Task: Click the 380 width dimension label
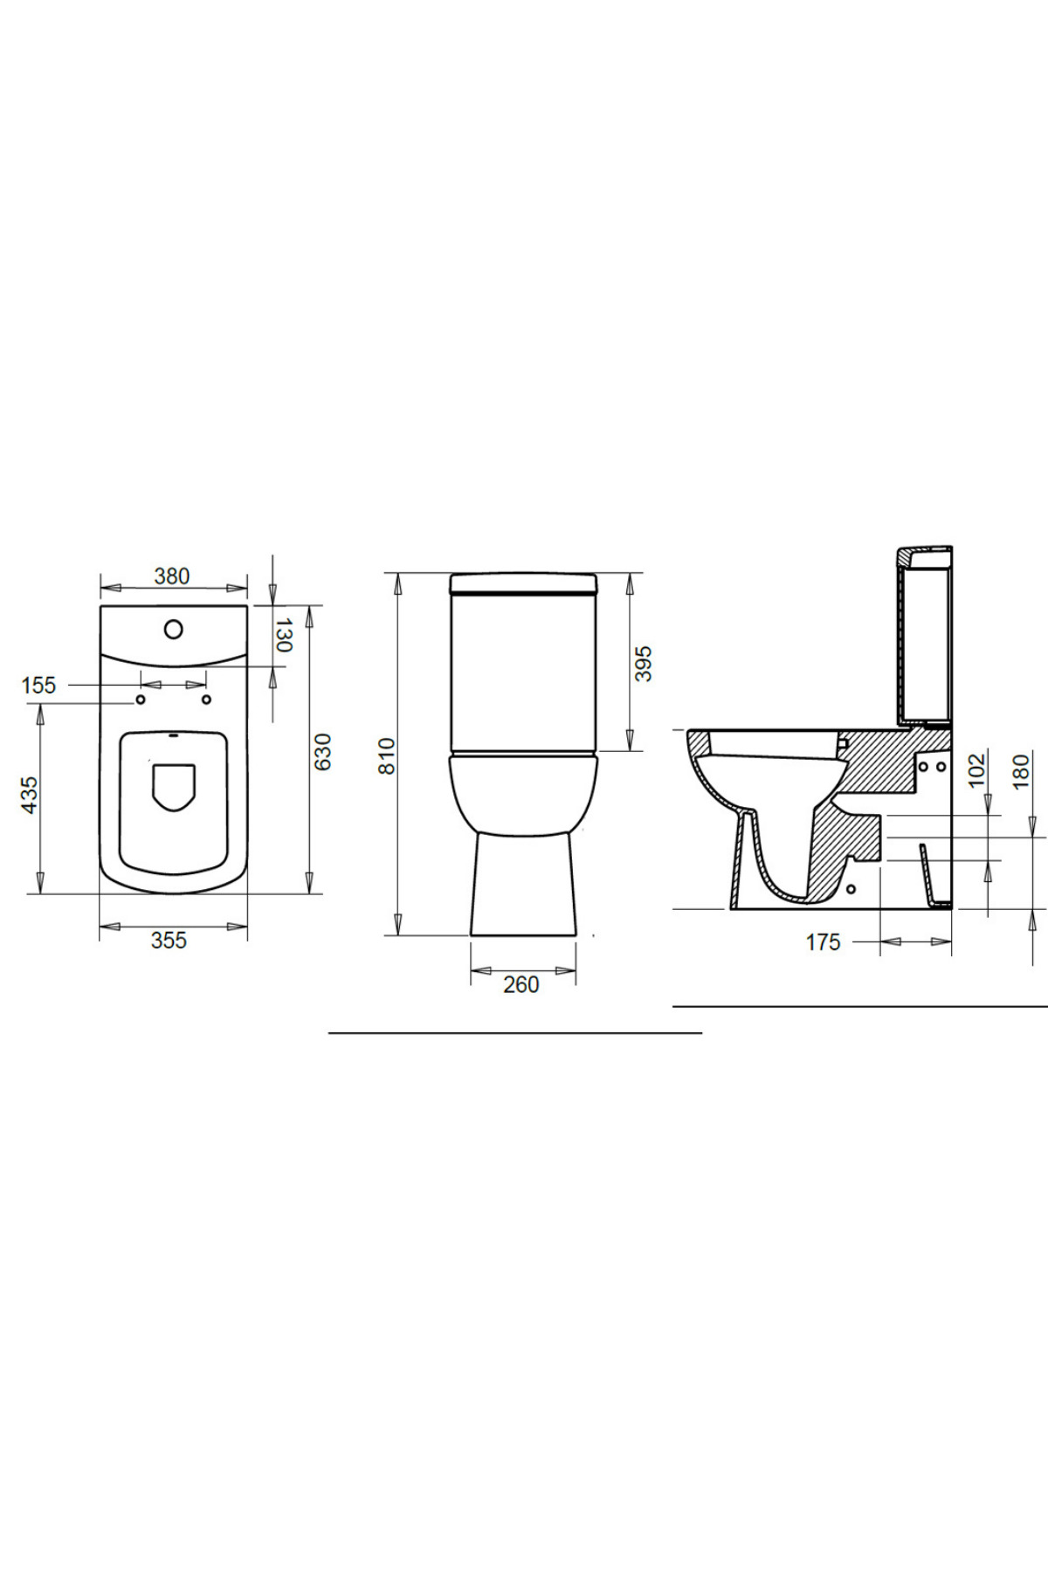click(x=172, y=576)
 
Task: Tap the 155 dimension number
click(x=38, y=686)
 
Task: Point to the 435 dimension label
click(x=30, y=796)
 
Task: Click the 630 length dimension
click(x=323, y=752)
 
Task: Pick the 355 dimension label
click(x=169, y=941)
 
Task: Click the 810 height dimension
click(x=387, y=756)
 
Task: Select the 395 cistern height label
click(x=644, y=664)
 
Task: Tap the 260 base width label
click(x=521, y=985)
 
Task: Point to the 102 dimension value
click(x=977, y=769)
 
